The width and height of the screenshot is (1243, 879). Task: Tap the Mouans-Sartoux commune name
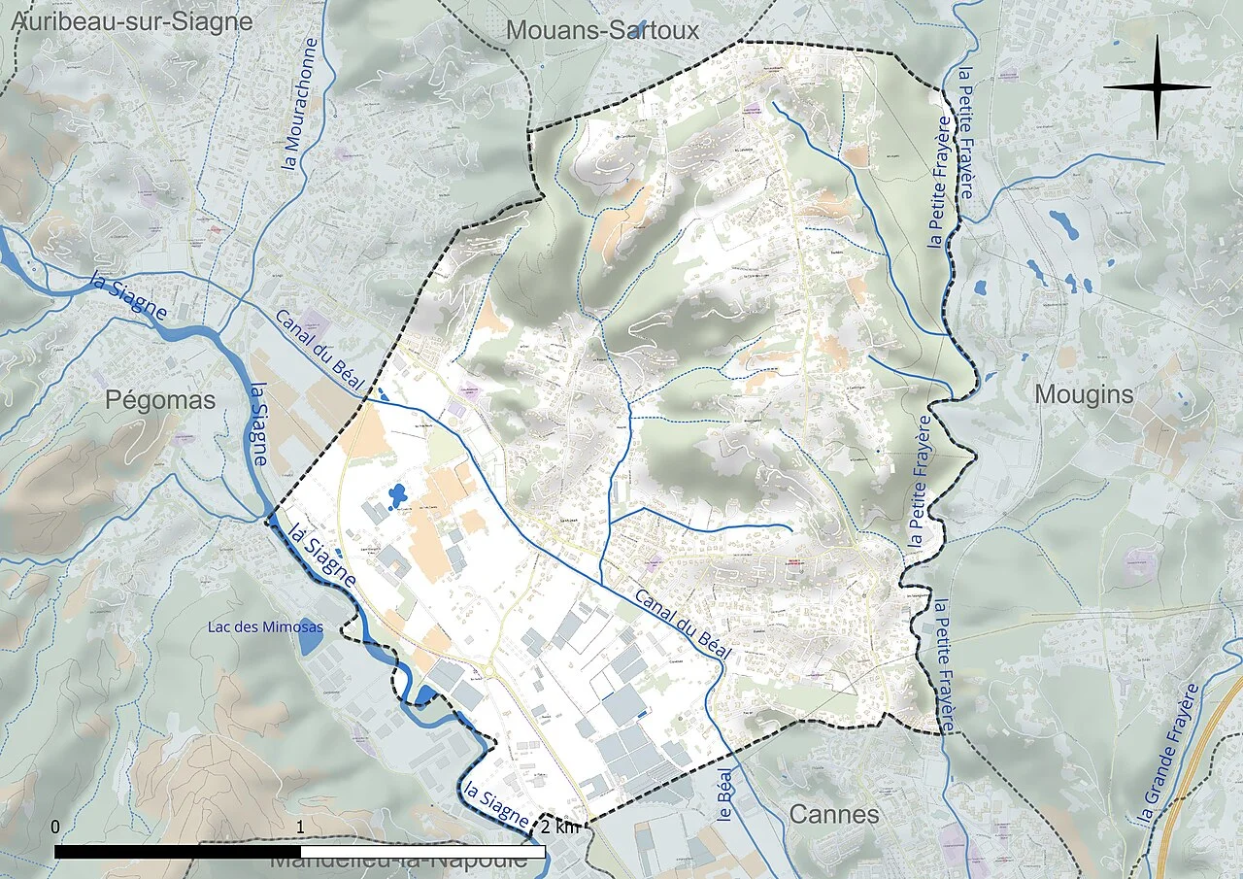[x=603, y=30]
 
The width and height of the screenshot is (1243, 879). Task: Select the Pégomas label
[x=160, y=400]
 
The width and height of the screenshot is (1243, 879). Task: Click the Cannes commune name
[x=834, y=814]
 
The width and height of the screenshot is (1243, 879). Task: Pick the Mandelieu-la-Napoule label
[x=398, y=861]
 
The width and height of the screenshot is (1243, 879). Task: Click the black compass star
[x=1157, y=87]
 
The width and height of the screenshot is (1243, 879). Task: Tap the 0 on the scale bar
[x=55, y=827]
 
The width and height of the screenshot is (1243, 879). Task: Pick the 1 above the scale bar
[x=301, y=827]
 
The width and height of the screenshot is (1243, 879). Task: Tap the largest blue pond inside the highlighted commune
[x=397, y=496]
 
